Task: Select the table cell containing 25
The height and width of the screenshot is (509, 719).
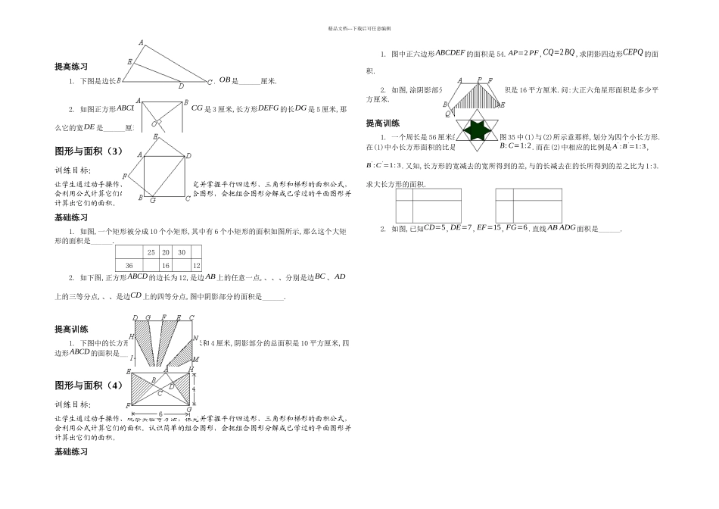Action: tap(151, 252)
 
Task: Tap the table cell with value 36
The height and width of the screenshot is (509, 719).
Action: tap(129, 265)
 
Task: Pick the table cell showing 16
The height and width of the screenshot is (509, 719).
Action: tap(165, 265)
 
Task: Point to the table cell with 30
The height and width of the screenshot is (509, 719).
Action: tap(181, 252)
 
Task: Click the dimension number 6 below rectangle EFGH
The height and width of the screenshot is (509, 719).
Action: tap(160, 414)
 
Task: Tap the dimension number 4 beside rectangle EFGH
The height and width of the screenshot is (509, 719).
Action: tap(194, 389)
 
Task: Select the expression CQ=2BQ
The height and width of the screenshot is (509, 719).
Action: tap(558, 53)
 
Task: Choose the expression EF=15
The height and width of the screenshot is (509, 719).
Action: tap(476, 227)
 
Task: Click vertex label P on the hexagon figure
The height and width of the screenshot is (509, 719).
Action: tap(478, 80)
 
